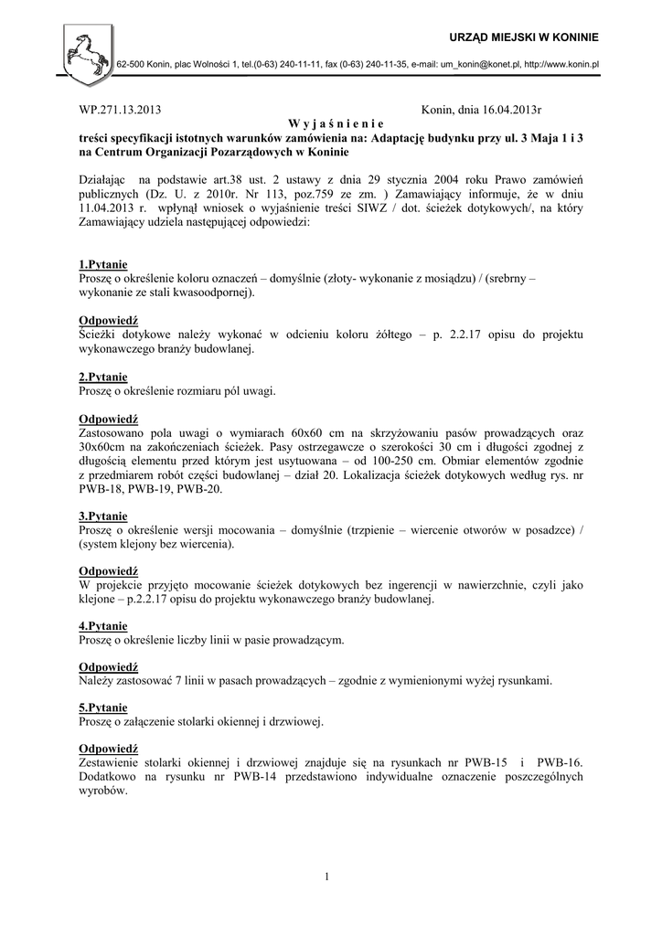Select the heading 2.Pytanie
pos(103,377)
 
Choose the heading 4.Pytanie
pos(103,626)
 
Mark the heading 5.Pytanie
pos(103,707)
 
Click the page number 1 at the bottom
pos(326,878)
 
